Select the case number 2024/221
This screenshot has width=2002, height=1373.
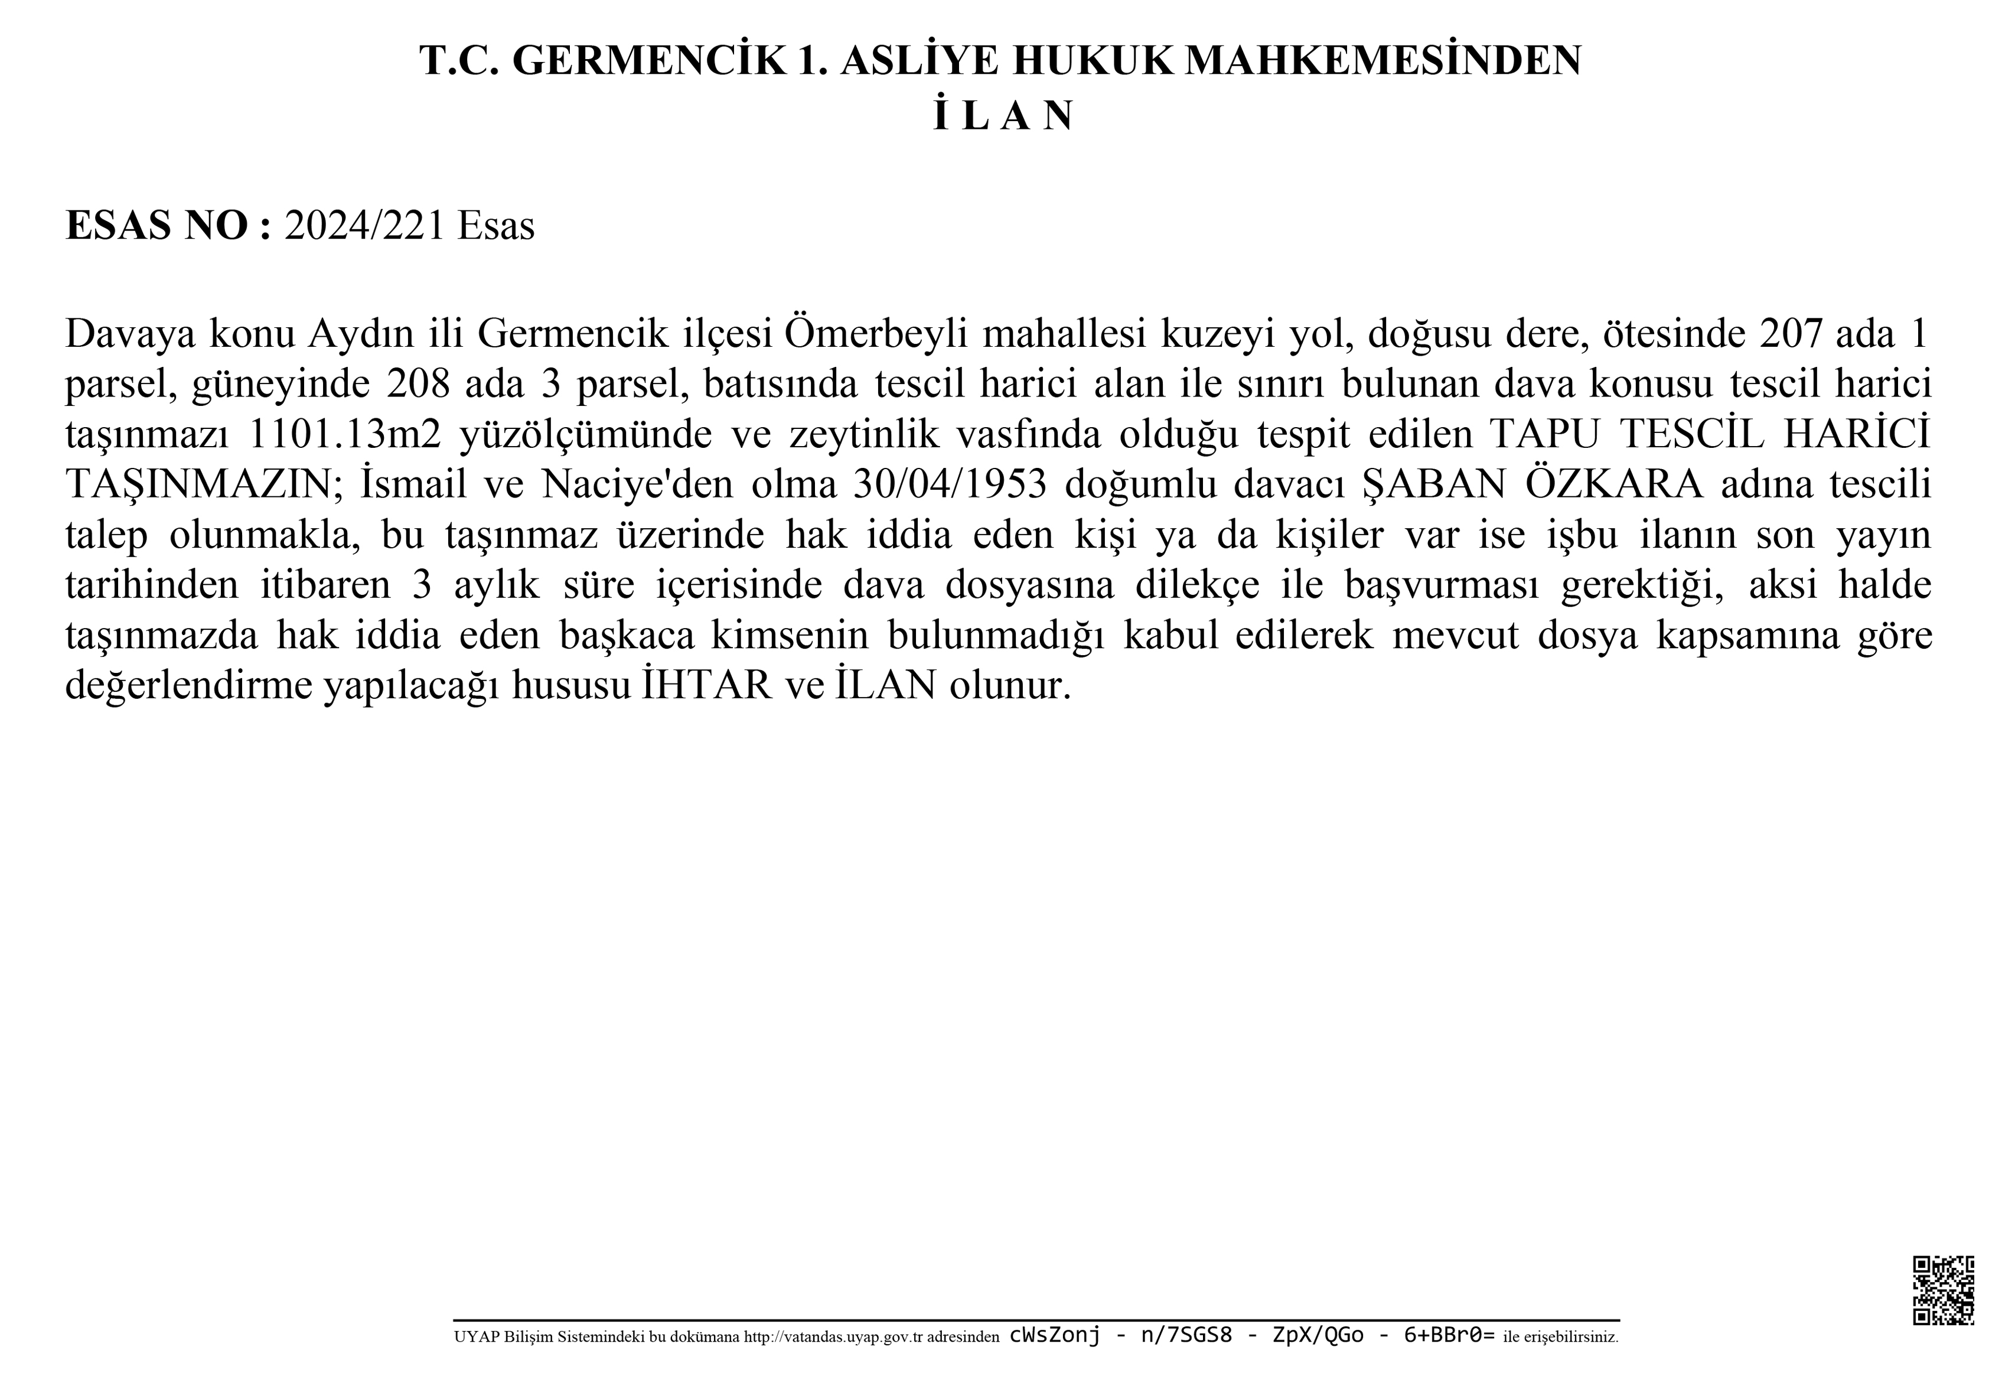click(x=364, y=226)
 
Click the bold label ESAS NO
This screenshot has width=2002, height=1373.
click(x=158, y=226)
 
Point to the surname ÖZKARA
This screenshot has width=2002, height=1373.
click(x=1615, y=484)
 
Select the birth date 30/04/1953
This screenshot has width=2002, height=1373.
click(x=949, y=484)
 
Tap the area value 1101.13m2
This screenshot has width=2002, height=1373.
click(x=344, y=434)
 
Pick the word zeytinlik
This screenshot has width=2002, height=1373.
click(x=864, y=434)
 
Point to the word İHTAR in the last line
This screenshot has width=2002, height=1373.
click(x=706, y=685)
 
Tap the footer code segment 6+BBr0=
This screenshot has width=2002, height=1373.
click(x=1450, y=1336)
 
